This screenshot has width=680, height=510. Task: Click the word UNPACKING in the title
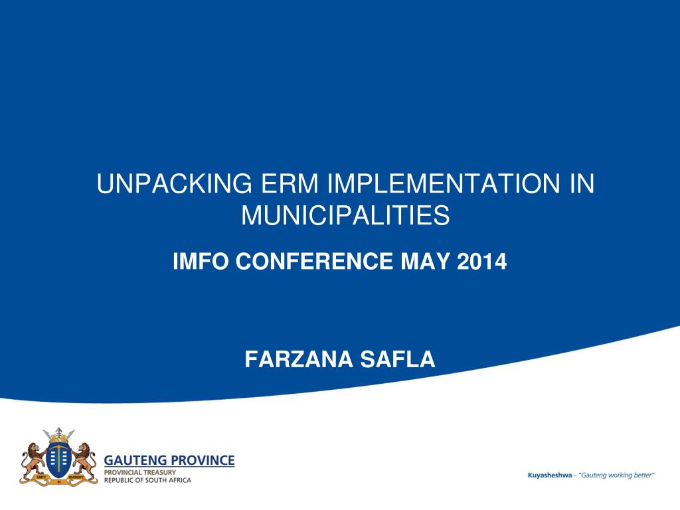(x=175, y=183)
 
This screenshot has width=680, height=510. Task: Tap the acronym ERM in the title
(x=290, y=183)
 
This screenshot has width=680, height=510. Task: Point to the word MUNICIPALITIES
(x=345, y=215)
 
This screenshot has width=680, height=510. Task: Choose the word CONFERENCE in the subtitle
(x=314, y=261)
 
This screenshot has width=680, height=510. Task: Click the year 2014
(x=482, y=261)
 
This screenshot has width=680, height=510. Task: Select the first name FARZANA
(x=298, y=359)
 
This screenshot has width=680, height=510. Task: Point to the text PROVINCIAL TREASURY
(x=139, y=472)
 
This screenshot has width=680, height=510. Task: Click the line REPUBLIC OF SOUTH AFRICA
(x=147, y=480)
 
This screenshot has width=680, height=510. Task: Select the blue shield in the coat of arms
(x=58, y=460)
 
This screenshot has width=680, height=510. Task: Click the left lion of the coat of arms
(x=33, y=461)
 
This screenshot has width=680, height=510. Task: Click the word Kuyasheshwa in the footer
(x=549, y=475)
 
